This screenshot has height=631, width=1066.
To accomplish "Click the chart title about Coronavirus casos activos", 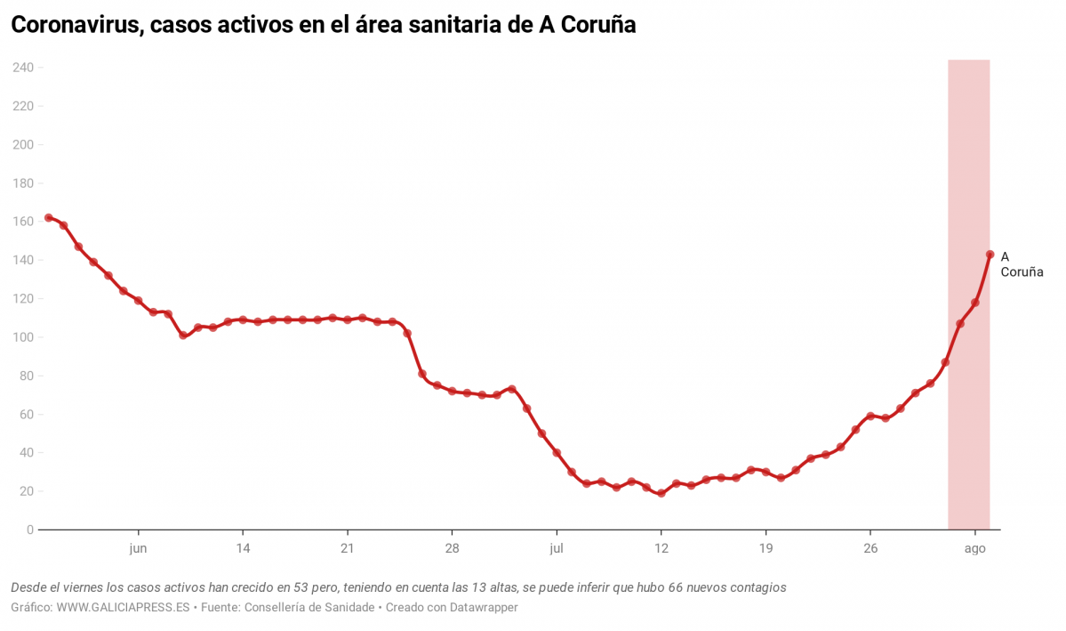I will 323,25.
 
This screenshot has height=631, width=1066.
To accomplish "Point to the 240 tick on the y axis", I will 22,68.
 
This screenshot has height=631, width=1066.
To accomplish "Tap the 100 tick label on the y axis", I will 22,337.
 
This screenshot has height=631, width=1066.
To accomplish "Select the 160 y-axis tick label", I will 22,222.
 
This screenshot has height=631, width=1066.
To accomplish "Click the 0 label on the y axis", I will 29,530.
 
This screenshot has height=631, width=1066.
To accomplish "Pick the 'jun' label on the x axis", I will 138,548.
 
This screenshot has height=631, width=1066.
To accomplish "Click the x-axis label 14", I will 243,548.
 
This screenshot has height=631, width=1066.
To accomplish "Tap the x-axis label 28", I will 452,548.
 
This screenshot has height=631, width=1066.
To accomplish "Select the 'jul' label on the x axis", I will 557,548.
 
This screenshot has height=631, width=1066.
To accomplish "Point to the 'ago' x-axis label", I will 975,548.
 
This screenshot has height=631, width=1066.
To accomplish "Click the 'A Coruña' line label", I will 1021,264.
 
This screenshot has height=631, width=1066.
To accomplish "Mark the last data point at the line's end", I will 990,255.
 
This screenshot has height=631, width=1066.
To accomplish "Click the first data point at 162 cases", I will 48,217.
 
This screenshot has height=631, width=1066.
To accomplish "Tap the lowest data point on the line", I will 661,493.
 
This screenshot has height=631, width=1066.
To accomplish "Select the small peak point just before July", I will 511,389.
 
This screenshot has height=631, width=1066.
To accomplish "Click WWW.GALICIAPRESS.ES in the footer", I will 123,607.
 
